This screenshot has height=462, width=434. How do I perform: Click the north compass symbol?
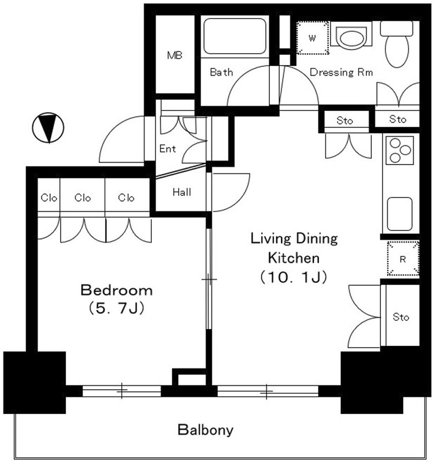pos(48,128)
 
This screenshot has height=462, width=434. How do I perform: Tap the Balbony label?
pos(206,430)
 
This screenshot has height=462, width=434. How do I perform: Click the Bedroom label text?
pos(117,290)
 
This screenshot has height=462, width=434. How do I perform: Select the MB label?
pos(175,55)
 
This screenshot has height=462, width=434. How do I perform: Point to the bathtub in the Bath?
pos(235,36)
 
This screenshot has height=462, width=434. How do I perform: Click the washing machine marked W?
pos(312,38)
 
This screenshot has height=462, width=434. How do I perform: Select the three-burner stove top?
pos(399,150)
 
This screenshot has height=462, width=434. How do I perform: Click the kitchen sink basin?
pos(399,214)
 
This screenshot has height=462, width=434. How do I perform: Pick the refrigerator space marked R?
pos(403,258)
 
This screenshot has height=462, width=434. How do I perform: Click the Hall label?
pos(182,192)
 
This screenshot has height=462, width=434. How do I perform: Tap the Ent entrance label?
pos(168,148)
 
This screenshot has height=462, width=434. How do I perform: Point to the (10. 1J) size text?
pos(294,277)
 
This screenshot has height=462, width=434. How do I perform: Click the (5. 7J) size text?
pos(117,308)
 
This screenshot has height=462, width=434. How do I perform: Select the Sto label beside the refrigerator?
pos(401,317)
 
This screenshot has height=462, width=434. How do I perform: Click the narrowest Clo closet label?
pos(49,198)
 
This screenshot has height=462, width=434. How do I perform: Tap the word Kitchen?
pos(294,258)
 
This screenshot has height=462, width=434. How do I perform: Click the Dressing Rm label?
pos(341,72)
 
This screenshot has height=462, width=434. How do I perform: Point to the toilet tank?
pos(396,28)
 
